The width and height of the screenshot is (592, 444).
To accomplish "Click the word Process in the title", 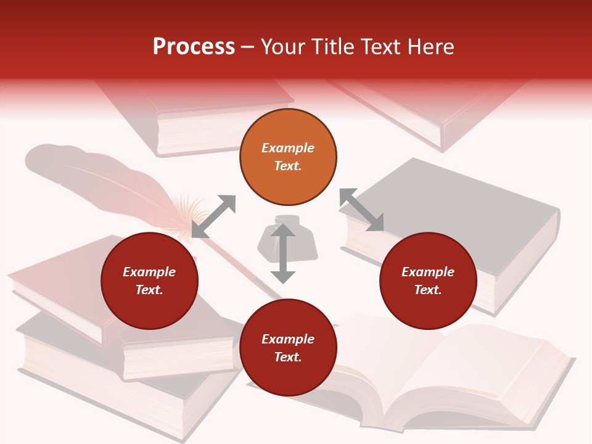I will [194, 47].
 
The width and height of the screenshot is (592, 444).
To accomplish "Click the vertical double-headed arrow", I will [283, 253].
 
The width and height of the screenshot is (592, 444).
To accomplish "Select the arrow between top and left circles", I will [213, 216].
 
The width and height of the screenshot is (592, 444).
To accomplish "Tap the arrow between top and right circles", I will [361, 210].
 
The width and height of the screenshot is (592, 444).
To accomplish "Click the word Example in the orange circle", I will [288, 148].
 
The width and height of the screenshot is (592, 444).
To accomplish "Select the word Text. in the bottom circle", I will [288, 357].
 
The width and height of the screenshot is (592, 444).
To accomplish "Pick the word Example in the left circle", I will [149, 272].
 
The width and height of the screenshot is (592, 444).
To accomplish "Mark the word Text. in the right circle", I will [428, 290].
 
